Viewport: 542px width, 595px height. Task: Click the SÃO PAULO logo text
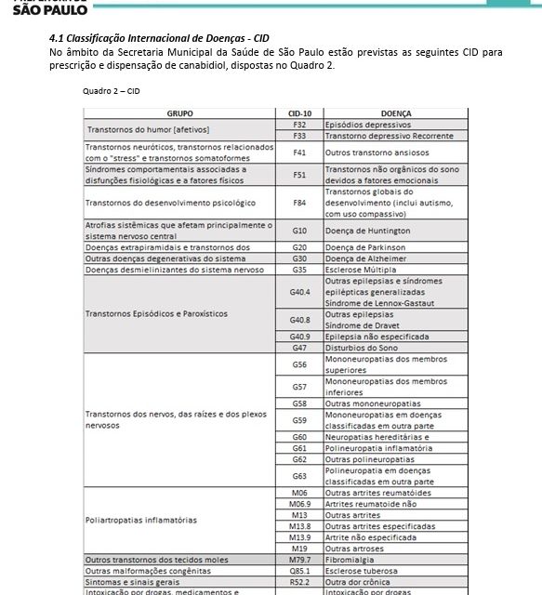(50, 9)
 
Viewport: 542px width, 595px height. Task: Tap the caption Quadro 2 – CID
(111, 91)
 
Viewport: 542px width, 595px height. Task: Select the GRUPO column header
(179, 113)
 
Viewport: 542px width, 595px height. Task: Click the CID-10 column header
(299, 113)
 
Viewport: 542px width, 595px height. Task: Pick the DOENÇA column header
(395, 113)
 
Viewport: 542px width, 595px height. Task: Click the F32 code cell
(299, 125)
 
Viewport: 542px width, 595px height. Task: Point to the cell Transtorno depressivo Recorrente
(395, 136)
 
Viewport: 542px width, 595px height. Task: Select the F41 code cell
(299, 152)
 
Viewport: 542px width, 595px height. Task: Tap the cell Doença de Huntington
(395, 231)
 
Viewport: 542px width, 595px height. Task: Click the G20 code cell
(299, 247)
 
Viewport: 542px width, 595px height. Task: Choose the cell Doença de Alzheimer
(395, 258)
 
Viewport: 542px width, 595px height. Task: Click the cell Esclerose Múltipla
(395, 270)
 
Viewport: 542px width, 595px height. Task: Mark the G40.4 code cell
(299, 292)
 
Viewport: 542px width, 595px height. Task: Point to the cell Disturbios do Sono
(395, 348)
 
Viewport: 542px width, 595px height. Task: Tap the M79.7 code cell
(299, 560)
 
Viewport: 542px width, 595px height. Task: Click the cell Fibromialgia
(395, 560)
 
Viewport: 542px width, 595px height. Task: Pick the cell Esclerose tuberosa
(395, 571)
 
